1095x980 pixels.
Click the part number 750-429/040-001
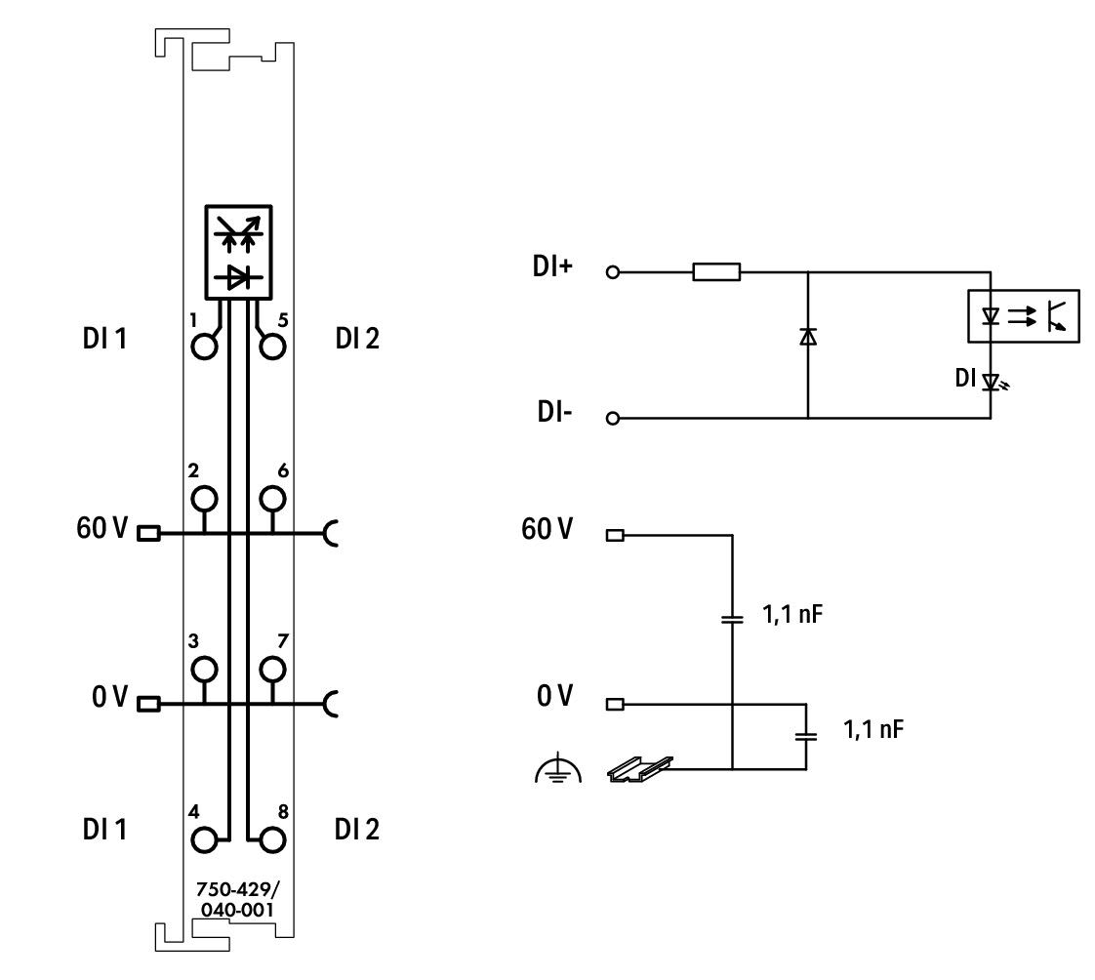click(x=237, y=899)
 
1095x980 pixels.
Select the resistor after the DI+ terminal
click(x=716, y=271)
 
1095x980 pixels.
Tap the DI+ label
click(x=552, y=266)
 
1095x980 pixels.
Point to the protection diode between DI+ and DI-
click(x=808, y=337)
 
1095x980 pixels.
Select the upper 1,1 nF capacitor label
click(x=792, y=614)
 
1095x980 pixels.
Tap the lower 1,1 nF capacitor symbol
click(x=806, y=736)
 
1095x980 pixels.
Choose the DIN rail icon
click(x=639, y=769)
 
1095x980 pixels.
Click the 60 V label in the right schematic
click(x=547, y=529)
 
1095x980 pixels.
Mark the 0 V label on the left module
click(x=109, y=696)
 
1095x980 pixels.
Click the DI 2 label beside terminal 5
click(x=357, y=338)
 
